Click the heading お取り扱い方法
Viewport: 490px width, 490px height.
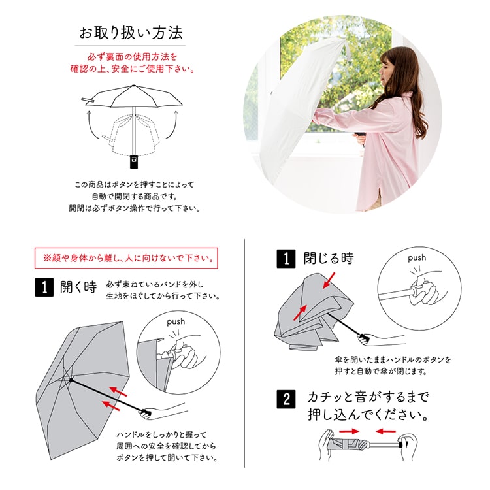point(130,32)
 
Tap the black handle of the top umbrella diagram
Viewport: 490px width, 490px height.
point(135,159)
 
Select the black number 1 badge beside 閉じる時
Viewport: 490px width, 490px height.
point(285,259)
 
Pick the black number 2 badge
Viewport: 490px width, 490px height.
point(285,398)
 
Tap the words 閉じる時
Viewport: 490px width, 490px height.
point(329,258)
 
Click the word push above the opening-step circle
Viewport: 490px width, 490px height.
point(176,321)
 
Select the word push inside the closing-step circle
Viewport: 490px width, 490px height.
point(417,257)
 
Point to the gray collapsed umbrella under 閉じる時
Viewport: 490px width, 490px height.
point(307,314)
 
